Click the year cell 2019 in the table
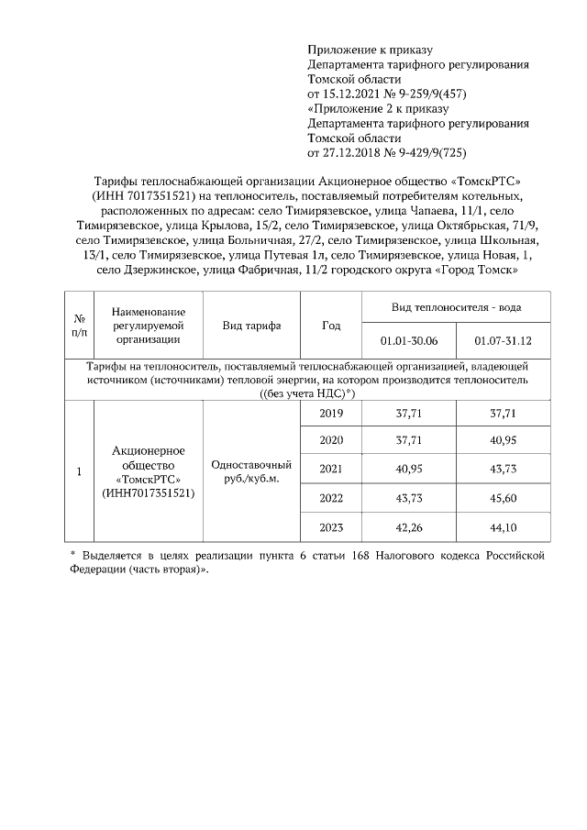[330, 414]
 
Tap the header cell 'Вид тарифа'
[251, 326]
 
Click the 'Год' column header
[331, 326]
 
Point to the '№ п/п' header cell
[79, 326]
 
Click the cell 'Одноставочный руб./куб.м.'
[251, 471]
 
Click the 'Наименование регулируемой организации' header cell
[149, 326]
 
